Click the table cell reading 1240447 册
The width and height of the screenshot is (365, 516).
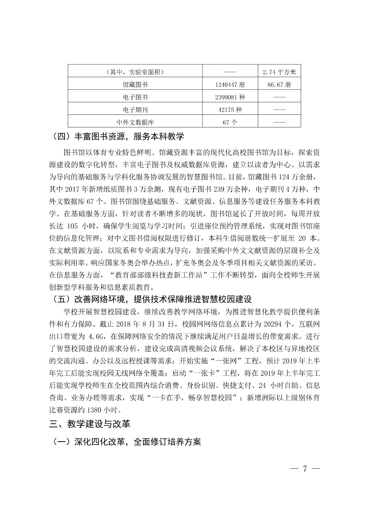click(230, 85)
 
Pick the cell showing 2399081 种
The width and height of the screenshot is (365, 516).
click(230, 97)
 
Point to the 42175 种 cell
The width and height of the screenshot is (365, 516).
click(230, 110)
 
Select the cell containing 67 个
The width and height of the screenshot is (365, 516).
click(230, 122)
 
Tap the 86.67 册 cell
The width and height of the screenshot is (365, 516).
click(279, 85)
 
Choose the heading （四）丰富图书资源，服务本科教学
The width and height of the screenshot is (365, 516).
click(118, 136)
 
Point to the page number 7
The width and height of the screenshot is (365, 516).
click(304, 469)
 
